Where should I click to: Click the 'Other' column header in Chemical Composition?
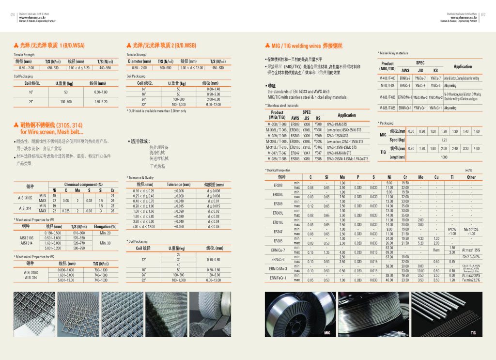(x=471, y=177)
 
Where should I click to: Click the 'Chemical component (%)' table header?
(x=83, y=185)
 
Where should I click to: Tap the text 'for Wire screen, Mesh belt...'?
(x=51, y=131)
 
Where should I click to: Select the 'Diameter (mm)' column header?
(x=139, y=62)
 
